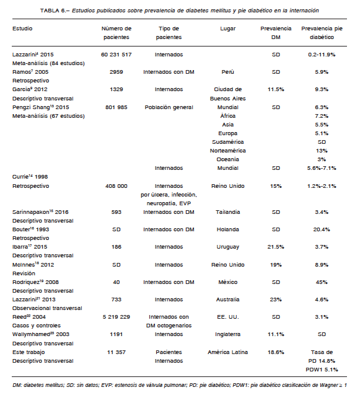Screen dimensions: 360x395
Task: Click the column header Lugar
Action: click(x=228, y=29)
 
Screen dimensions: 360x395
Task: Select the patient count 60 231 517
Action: click(x=116, y=55)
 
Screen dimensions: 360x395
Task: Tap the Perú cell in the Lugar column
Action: click(x=228, y=72)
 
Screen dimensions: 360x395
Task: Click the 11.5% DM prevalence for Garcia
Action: click(x=276, y=89)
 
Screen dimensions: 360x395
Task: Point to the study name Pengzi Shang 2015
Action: click(x=41, y=107)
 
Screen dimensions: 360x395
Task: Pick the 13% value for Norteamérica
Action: click(x=322, y=151)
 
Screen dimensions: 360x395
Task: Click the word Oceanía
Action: click(x=228, y=159)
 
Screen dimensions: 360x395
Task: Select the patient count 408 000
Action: click(x=116, y=186)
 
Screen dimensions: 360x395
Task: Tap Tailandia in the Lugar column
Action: click(x=228, y=212)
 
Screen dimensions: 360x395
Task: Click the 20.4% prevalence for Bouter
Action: click(x=322, y=229)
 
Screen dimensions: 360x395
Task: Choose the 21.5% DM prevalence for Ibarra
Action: click(x=276, y=247)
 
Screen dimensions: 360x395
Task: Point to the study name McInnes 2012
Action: click(x=33, y=265)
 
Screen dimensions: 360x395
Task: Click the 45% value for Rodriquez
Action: click(x=322, y=282)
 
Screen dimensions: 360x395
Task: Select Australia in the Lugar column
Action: click(x=228, y=300)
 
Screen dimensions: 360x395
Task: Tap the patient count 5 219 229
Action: click(x=116, y=317)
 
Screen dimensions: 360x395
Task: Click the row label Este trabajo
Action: click(x=29, y=352)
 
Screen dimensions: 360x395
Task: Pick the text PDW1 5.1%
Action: click(x=322, y=370)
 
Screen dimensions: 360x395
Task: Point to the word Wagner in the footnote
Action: click(x=328, y=385)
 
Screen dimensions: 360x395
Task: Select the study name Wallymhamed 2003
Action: click(x=41, y=334)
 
